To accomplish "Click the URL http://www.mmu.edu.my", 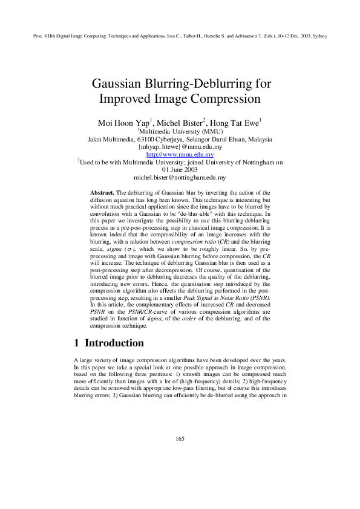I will pyautogui.click(x=180, y=155).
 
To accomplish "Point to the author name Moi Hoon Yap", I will pyautogui.click(x=121, y=123).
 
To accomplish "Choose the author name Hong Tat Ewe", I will pyautogui.click(x=237, y=123).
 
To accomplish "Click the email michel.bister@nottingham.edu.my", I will pyautogui.click(x=180, y=178).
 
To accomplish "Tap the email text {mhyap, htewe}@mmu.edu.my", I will pyautogui.click(x=180, y=147).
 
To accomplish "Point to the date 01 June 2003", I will pyautogui.click(x=180, y=170).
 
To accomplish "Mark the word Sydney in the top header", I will pyautogui.click(x=319, y=36).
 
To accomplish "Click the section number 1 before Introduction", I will pyautogui.click(x=76, y=343).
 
